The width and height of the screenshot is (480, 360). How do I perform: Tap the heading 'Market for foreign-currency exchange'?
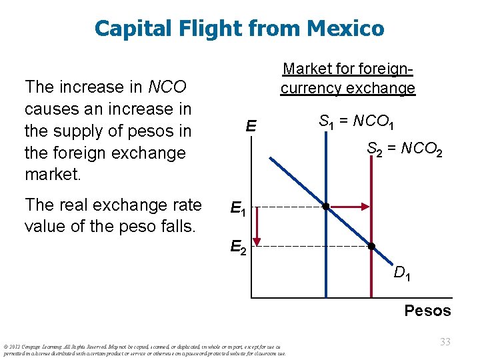tap(347, 78)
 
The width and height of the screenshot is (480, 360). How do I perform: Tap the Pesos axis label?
tap(427, 311)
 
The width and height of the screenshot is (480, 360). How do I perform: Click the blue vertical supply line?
tap(325, 267)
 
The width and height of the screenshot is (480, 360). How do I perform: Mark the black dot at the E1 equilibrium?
tap(325, 207)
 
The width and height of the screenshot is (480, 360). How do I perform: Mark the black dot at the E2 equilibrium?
tap(371, 246)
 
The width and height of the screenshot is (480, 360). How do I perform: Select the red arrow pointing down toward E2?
tap(261, 227)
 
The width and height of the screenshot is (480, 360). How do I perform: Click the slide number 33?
tap(445, 341)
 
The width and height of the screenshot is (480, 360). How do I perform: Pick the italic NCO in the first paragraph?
tap(167, 87)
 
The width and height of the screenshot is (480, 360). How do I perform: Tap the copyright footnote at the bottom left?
tap(143, 349)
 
